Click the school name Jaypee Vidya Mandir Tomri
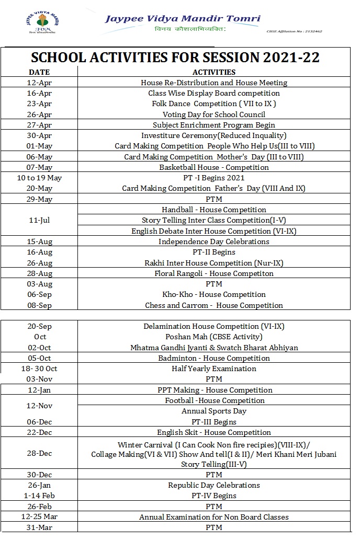(182, 18)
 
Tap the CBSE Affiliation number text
(294, 31)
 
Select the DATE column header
(39, 72)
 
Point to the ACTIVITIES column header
(214, 72)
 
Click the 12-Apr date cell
(39, 83)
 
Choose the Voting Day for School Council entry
(214, 114)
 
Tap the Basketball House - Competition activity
(214, 167)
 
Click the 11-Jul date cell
(39, 220)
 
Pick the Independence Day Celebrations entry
(214, 241)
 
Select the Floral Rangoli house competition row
(214, 273)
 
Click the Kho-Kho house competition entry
(214, 294)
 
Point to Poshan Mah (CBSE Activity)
(214, 337)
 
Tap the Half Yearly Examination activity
(214, 369)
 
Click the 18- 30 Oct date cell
(39, 369)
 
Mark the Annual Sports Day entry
(214, 411)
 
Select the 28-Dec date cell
(39, 453)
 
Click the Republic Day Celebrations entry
(214, 485)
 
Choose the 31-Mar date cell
(39, 527)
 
